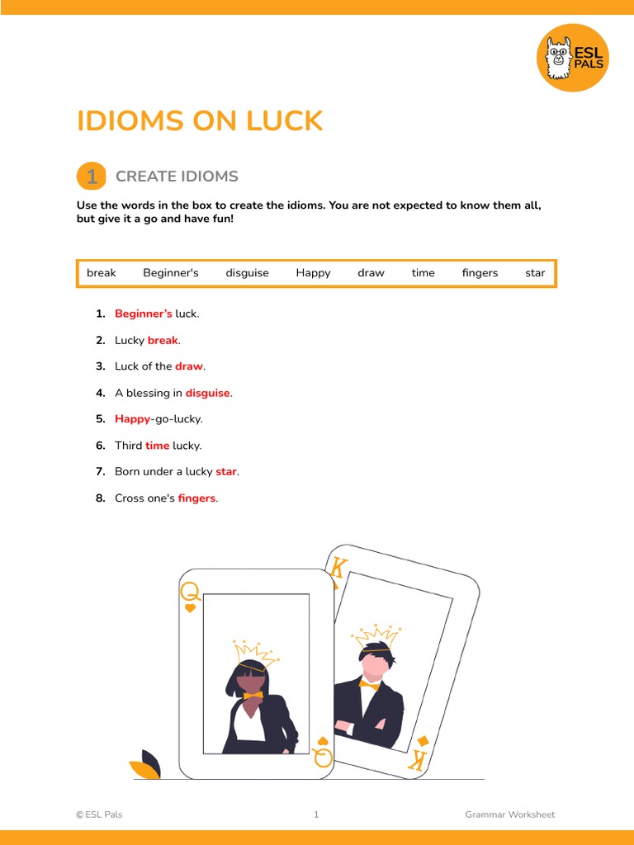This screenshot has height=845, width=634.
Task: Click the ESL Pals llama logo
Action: pos(572,58)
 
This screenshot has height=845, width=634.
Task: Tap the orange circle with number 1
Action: pos(92,176)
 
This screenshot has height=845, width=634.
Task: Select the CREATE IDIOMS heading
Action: pos(177,176)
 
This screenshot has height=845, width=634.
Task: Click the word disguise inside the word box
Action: pos(248,273)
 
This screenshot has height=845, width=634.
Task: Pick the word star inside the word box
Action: pos(535,273)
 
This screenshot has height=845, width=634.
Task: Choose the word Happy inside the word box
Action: pos(313,273)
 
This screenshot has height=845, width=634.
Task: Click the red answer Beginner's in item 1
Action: pos(144,314)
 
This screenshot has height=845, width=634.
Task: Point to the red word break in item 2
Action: pos(163,340)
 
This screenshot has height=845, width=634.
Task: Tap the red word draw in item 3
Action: pos(189,366)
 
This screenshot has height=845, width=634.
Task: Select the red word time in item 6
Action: pos(157,446)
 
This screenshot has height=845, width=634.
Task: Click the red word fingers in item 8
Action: pos(196,498)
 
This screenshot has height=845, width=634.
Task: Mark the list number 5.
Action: pos(101,419)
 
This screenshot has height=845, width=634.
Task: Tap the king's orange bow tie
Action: pos(369,685)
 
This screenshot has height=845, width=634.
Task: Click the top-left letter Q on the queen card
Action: pos(190,592)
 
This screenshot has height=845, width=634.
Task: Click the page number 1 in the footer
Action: pos(316,814)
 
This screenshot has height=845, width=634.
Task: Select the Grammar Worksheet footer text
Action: pos(509,814)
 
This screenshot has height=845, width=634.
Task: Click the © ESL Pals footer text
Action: pos(99,814)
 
